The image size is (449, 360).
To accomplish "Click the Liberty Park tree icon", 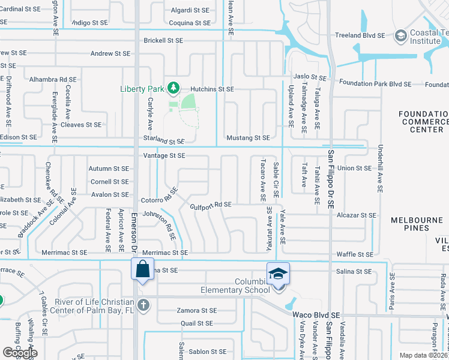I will (173, 88).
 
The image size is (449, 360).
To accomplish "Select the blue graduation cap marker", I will (278, 274).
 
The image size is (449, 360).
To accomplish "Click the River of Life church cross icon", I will (142, 305).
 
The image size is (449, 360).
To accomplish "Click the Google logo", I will (20, 353).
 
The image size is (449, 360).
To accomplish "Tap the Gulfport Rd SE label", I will (211, 205).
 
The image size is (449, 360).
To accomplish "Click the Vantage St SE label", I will (164, 155).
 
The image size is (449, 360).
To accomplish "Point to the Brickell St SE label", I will (163, 40).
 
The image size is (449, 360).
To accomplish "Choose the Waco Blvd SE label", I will (316, 314).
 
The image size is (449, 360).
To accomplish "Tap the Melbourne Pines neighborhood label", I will (418, 224).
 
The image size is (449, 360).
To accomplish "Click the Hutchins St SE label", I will (213, 88).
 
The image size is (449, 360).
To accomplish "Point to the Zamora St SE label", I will (196, 310).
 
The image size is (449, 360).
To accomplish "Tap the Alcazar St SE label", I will (357, 215).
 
